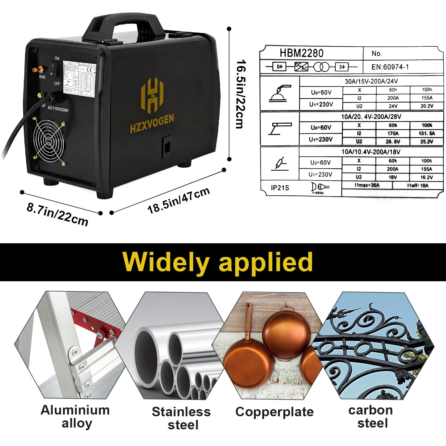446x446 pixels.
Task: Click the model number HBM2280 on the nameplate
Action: [301, 53]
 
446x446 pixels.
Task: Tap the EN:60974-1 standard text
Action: [390, 67]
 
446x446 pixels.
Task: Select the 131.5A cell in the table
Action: [427, 134]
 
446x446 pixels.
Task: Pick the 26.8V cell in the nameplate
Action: [392, 142]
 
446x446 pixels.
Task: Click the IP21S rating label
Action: [280, 188]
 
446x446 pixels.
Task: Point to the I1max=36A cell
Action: [367, 185]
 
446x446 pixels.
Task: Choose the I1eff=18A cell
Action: [418, 186]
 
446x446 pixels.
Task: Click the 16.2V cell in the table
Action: [426, 177]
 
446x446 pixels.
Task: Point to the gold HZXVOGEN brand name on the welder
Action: [152, 124]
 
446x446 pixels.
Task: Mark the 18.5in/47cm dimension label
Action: [178, 200]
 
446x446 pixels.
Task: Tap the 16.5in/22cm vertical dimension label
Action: [241, 94]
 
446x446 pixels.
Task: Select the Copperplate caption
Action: [274, 412]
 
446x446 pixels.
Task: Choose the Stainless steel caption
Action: [181, 418]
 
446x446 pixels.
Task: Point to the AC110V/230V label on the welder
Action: [58, 109]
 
